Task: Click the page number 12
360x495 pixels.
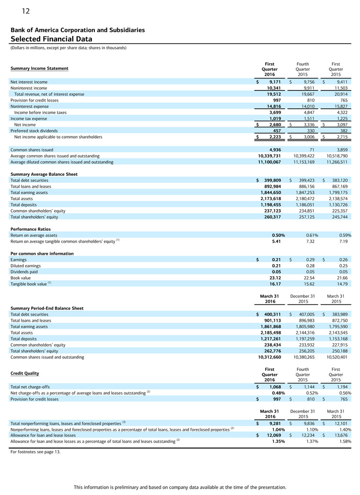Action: tap(25, 11)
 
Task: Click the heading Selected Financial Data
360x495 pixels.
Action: tap(51, 39)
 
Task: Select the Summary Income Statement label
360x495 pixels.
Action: tap(39, 68)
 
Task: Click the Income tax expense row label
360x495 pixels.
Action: tap(29, 119)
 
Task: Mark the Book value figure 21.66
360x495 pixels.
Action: tap(343, 277)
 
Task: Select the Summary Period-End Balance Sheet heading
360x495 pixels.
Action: tap(47, 308)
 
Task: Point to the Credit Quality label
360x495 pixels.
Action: tap(25, 373)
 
